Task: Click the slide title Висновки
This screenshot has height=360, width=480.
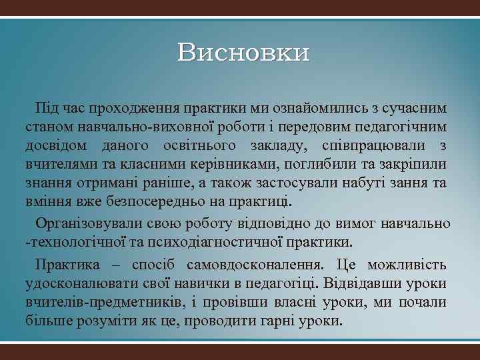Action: (244, 53)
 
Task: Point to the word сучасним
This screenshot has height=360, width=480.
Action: (419, 108)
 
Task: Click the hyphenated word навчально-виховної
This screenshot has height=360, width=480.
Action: (144, 127)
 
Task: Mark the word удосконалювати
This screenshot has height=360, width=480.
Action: (78, 283)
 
